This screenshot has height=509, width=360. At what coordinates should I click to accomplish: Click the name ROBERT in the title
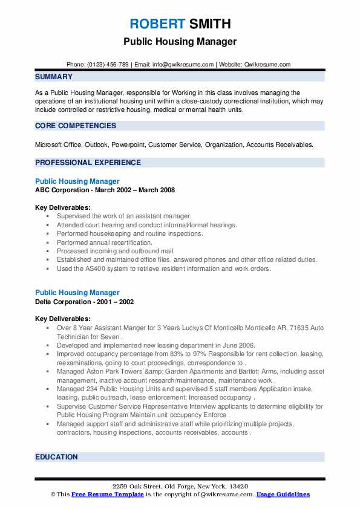[157, 24]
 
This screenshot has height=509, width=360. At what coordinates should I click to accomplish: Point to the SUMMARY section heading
[54, 77]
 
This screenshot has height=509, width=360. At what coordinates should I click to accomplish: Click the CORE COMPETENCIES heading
[76, 126]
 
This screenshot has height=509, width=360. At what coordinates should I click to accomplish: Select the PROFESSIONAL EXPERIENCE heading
[88, 162]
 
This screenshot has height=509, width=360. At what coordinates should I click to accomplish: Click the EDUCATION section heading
[56, 457]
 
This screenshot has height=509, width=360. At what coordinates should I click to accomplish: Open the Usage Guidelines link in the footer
[283, 494]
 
